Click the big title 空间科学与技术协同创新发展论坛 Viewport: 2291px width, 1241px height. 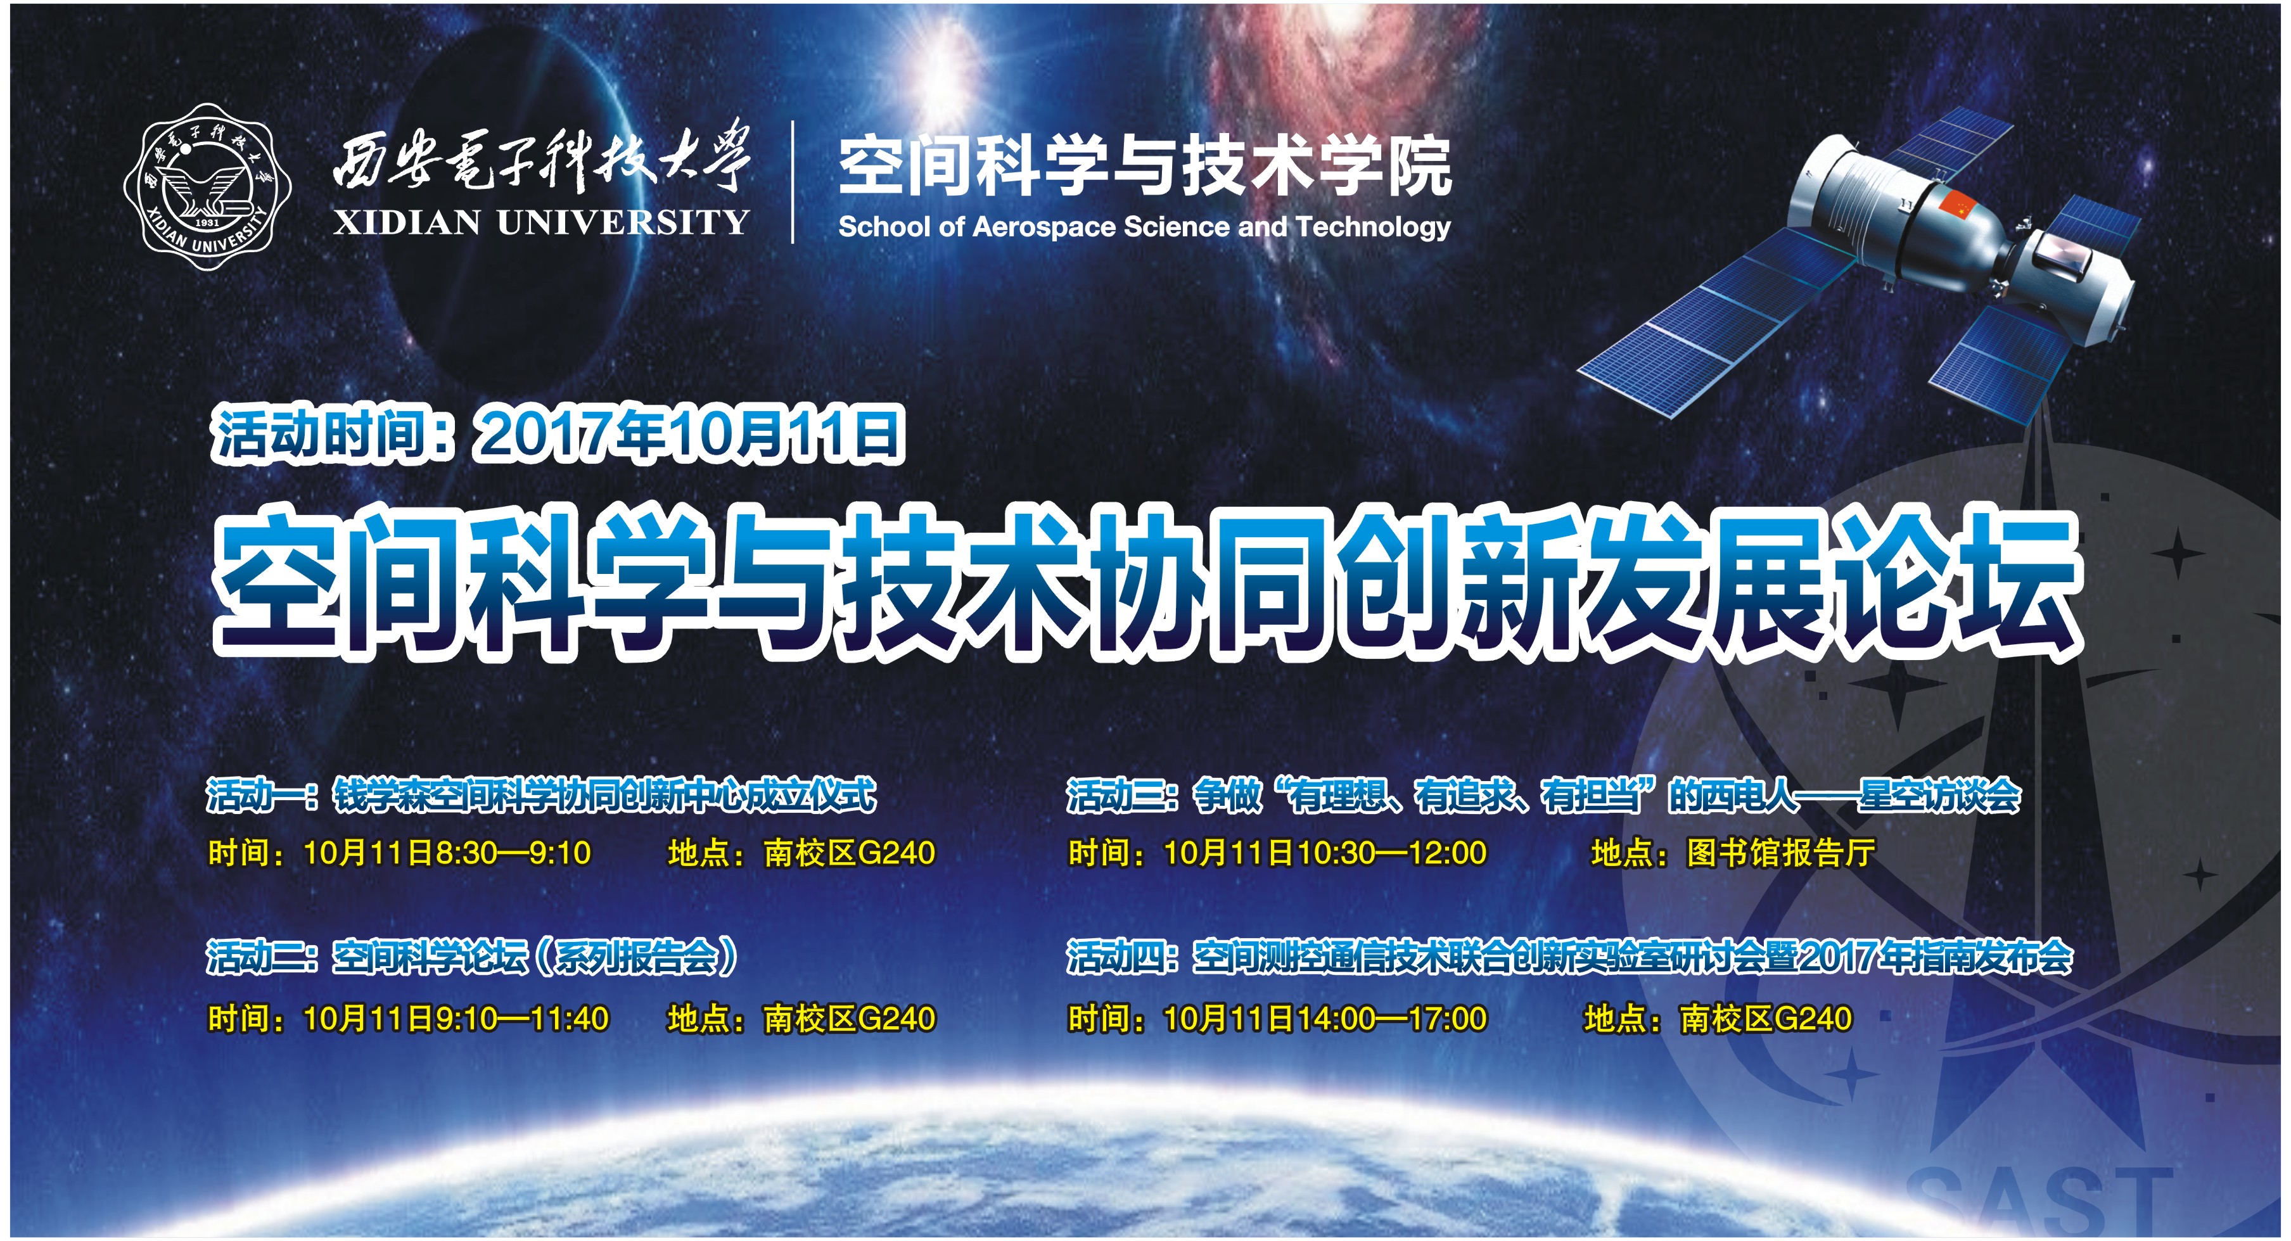coord(1147,582)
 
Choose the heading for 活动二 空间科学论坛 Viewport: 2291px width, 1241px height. coord(472,957)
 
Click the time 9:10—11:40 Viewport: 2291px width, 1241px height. coord(522,1019)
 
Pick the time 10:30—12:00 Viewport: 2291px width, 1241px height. coord(1392,853)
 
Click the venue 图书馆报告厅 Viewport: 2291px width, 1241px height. coord(1782,853)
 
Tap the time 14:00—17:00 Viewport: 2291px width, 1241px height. coord(1392,1019)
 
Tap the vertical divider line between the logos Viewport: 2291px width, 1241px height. coord(793,182)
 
